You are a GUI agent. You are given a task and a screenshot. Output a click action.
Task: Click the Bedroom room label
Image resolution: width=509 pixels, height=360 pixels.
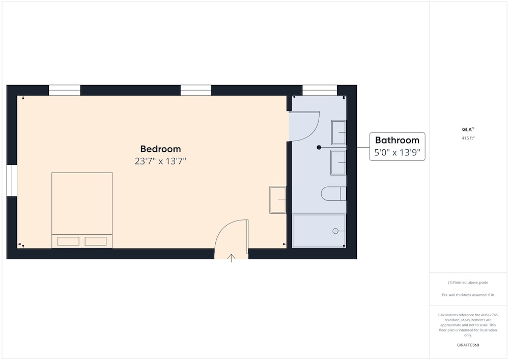[160, 149]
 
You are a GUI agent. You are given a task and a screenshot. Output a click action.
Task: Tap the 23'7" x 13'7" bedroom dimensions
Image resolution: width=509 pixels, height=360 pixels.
[160, 161]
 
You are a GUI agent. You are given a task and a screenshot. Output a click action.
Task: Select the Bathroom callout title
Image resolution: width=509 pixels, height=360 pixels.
[397, 140]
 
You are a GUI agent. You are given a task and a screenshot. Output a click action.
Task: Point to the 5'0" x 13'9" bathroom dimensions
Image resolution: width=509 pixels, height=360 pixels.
[397, 152]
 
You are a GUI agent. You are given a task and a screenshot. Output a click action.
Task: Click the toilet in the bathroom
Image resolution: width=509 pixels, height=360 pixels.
[333, 194]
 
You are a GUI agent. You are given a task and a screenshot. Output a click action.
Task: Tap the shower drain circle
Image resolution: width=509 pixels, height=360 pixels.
[335, 231]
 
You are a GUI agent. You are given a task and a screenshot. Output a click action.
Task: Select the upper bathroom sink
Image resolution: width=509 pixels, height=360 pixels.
[338, 132]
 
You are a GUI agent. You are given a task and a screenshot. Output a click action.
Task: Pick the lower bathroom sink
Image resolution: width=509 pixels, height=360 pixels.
[338, 162]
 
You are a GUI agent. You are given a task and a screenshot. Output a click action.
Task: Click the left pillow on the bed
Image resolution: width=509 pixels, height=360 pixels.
[69, 241]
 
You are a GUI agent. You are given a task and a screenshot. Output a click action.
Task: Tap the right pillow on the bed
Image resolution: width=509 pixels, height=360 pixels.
[96, 241]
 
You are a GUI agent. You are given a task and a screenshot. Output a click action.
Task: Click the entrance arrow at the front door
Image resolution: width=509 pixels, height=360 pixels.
[231, 258]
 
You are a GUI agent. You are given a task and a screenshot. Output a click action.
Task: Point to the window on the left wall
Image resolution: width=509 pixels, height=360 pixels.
[12, 180]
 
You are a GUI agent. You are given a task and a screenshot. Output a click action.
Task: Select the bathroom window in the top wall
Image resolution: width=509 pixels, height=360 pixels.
[320, 90]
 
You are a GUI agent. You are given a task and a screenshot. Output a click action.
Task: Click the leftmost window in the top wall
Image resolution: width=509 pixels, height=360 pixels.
[65, 90]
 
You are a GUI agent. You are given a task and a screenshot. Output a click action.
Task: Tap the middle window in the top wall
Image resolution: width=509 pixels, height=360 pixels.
[196, 90]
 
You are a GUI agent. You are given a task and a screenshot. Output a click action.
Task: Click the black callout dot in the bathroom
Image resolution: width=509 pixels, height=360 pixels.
[319, 147]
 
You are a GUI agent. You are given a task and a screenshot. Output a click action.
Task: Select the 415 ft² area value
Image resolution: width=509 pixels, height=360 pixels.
[468, 138]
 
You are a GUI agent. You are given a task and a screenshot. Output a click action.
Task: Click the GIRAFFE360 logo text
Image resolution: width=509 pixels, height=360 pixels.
[468, 345]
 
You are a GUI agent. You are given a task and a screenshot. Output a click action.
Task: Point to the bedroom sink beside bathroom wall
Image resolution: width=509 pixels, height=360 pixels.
[278, 200]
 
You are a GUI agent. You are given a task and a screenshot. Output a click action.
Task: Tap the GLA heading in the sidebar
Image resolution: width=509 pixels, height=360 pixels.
[468, 129]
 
